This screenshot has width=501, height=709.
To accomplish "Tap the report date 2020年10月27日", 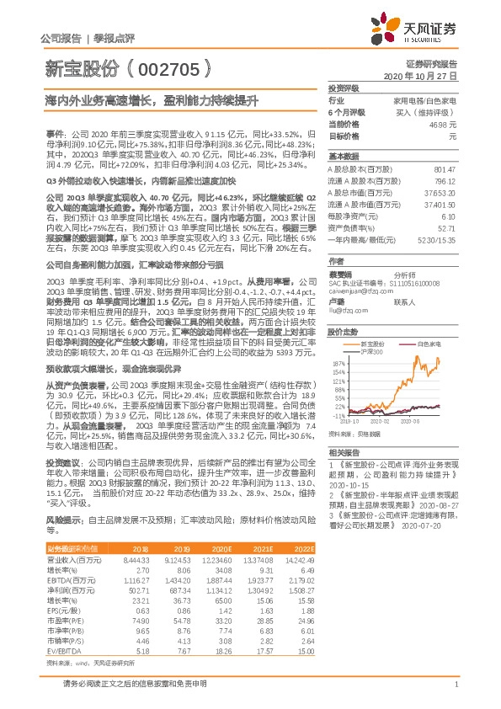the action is pos(431,76).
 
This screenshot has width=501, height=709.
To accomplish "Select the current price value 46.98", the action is pos(446,124).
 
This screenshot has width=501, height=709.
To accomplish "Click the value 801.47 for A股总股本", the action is pos(446,170).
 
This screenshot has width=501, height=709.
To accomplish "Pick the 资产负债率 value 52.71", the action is pos(447,227).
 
